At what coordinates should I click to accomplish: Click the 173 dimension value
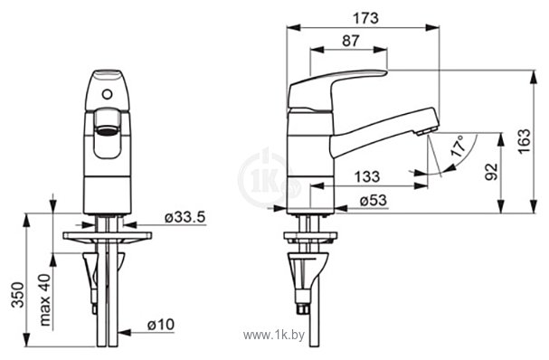[x=365, y=18]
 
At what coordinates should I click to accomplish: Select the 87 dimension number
[x=351, y=41]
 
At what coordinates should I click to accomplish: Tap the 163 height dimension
[x=525, y=141]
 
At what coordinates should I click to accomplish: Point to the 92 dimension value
[x=492, y=172]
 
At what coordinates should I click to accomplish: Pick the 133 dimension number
[x=366, y=176]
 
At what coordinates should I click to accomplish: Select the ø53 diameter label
[x=374, y=200]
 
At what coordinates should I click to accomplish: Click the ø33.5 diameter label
[x=185, y=217]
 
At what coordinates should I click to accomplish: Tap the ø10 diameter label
[x=161, y=325]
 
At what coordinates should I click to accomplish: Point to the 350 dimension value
[x=17, y=295]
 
